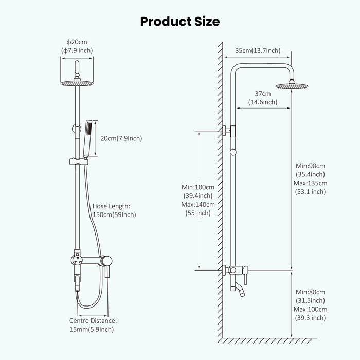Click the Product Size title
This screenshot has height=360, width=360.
pyautogui.click(x=180, y=21)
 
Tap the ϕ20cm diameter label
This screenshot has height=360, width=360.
pyautogui.click(x=78, y=41)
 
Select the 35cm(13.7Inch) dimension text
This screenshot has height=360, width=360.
pyautogui.click(x=258, y=50)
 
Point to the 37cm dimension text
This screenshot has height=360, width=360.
pyautogui.click(x=263, y=93)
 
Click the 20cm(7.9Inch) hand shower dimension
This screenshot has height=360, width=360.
pyautogui.click(x=121, y=138)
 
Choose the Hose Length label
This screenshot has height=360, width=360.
pyautogui.click(x=112, y=206)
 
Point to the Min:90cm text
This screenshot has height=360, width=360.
pyautogui.click(x=311, y=166)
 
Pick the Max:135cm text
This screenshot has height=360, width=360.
pyautogui.click(x=311, y=183)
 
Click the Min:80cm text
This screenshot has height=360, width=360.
pyautogui.click(x=311, y=292)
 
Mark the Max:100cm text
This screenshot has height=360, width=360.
pyautogui.click(x=311, y=309)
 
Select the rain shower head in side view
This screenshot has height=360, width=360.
pyautogui.click(x=291, y=85)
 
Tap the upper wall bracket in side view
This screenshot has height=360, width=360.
pyautogui.click(x=230, y=132)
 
